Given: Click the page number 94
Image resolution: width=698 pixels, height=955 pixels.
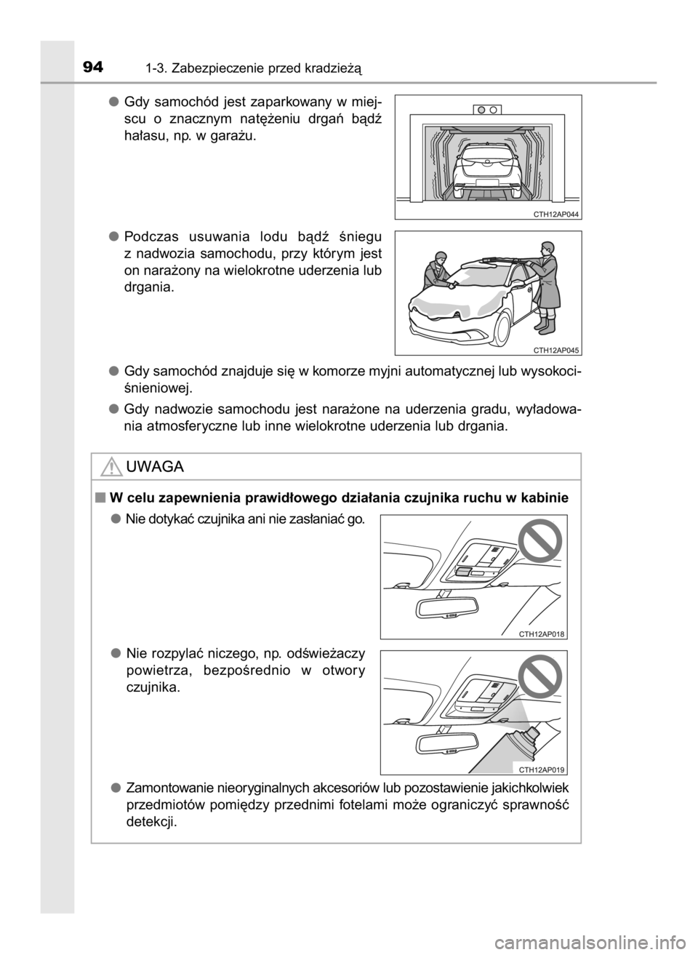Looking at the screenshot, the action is (x=93, y=68).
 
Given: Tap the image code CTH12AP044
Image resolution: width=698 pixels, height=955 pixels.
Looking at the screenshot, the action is (x=556, y=215).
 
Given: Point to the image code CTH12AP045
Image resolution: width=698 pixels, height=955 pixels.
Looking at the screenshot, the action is (x=556, y=351).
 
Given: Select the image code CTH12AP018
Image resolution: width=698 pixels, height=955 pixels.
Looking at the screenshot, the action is (x=542, y=634).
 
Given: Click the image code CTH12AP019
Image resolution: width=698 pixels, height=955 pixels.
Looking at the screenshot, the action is (x=542, y=770).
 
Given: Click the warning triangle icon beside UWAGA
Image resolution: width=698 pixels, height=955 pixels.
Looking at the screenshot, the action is (x=111, y=466).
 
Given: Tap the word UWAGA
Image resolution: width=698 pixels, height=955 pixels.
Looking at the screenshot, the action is (x=155, y=467).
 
